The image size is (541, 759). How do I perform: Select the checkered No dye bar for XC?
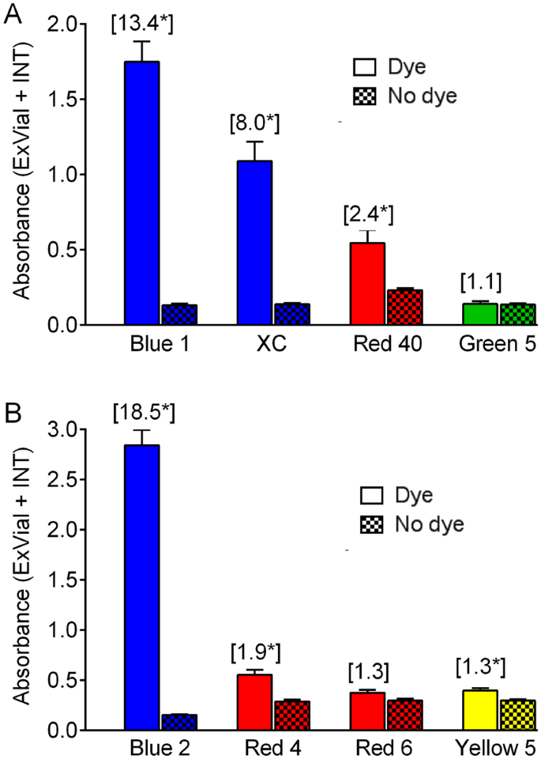[x=291, y=314]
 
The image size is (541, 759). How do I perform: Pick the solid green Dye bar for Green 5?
[x=481, y=314]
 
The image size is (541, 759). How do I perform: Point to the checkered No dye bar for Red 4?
[x=291, y=715]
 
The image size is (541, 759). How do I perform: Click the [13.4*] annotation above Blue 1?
[x=142, y=24]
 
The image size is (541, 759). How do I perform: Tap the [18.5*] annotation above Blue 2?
[x=142, y=412]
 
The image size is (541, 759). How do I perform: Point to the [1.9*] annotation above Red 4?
[x=254, y=653]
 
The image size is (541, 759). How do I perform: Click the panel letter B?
[x=11, y=414]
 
